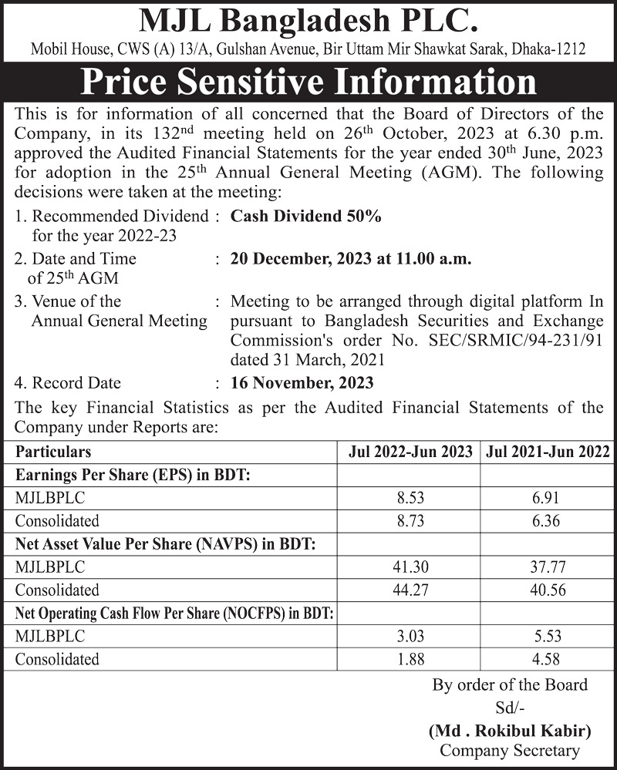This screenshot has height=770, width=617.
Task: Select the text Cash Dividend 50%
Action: [x=306, y=217]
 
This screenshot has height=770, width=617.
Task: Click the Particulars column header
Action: [x=53, y=452]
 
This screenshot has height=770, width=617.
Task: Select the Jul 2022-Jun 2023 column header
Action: [x=410, y=452]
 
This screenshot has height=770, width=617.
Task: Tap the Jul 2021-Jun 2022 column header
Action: [x=548, y=452]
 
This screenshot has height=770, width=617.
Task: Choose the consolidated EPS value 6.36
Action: [x=548, y=521]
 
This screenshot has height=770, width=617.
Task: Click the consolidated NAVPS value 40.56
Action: [x=548, y=590]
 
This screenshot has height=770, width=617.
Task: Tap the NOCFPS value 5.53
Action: [x=548, y=637]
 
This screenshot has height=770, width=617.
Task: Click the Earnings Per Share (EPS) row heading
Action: [x=132, y=475]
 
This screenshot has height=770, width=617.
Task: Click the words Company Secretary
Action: [x=509, y=751]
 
